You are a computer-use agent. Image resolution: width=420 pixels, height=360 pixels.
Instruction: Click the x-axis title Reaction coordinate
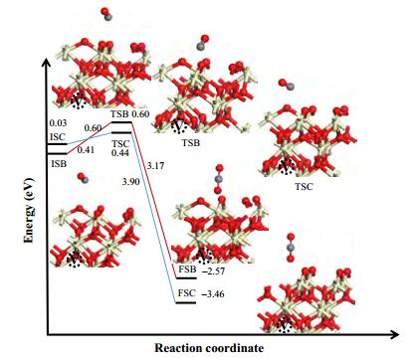point(209,348)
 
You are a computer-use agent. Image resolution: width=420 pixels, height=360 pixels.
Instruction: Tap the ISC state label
point(58,137)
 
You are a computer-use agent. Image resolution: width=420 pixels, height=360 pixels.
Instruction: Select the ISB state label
point(59,163)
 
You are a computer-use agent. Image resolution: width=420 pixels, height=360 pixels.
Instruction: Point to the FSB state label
point(187,270)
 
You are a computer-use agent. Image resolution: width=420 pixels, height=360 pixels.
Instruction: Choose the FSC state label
point(187,293)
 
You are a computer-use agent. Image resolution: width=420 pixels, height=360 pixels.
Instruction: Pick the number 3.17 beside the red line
point(156,165)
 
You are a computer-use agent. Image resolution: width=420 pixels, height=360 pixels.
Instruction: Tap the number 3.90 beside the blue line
point(131,181)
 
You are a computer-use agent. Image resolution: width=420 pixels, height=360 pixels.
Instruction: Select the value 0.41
point(86,150)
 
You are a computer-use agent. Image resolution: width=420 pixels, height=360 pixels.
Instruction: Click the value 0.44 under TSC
point(120,153)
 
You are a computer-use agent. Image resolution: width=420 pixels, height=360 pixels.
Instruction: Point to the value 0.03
point(58,123)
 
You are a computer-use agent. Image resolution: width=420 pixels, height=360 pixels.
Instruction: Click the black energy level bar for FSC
point(186,302)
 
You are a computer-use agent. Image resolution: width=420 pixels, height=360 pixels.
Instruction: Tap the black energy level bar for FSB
point(186,277)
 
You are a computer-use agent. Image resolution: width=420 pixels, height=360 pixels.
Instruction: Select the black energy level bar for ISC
point(57,144)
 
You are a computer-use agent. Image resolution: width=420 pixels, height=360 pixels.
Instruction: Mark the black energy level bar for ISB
point(57,153)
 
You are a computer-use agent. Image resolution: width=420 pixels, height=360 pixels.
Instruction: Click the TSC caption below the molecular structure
point(304,187)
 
